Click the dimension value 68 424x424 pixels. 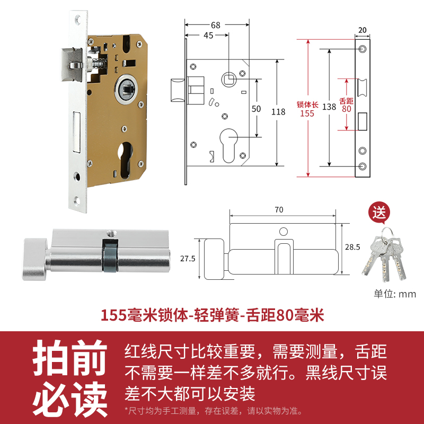tap(215, 25)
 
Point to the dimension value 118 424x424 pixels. tap(278, 112)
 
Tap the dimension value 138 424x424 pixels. tap(329, 107)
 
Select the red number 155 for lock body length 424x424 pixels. tap(307, 113)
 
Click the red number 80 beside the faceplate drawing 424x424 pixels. tap(347, 109)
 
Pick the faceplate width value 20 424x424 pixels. tap(363, 30)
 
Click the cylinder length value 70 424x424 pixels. tap(279, 209)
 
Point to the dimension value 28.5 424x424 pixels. tap(352, 247)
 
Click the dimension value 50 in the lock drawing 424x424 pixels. tap(257, 109)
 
